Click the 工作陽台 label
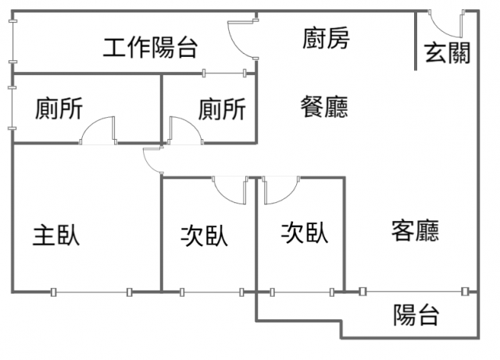click(x=150, y=48)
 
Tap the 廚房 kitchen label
click(x=326, y=38)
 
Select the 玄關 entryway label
click(x=447, y=53)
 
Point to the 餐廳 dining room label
click(x=324, y=106)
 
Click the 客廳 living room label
click(x=415, y=230)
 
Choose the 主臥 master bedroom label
click(x=56, y=235)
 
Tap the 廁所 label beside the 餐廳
click(x=222, y=109)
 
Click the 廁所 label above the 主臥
click(x=59, y=108)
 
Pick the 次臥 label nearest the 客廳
click(x=305, y=233)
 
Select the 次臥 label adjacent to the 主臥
click(x=205, y=236)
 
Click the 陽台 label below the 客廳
click(x=416, y=315)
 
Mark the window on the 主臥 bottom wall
click(x=91, y=292)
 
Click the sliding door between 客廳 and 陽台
click(x=413, y=291)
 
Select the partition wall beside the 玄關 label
click(x=416, y=41)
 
